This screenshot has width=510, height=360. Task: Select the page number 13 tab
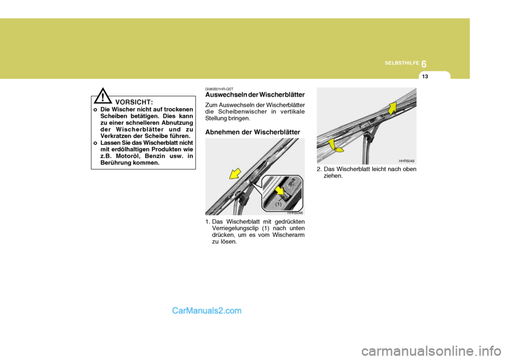click(x=425, y=77)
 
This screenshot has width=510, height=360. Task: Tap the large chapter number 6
click(x=425, y=63)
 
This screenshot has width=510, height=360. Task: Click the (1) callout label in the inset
click(x=278, y=203)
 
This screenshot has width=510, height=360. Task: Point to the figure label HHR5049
click(x=406, y=160)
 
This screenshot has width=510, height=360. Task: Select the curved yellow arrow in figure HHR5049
click(x=334, y=144)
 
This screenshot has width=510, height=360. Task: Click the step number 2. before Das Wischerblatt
click(x=319, y=169)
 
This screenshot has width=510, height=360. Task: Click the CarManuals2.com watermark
click(x=207, y=311)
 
